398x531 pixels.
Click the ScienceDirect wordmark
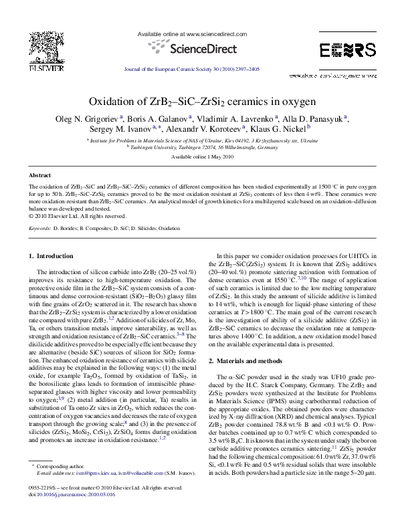tap(199, 48)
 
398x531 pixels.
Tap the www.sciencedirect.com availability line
tap(199, 33)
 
